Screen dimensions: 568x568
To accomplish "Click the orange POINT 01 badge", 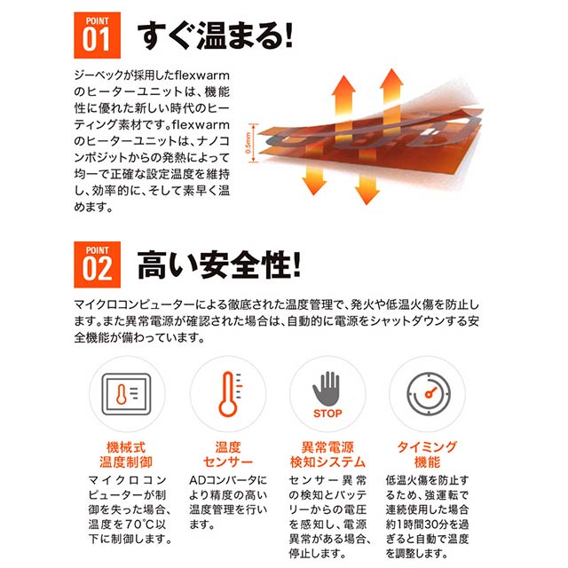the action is [x=97, y=35].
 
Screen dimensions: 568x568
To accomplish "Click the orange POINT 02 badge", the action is [x=97, y=264].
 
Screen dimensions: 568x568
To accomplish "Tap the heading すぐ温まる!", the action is [x=215, y=35].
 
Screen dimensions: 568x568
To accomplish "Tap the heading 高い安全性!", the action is [x=219, y=264].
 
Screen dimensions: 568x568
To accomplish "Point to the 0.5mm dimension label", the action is [x=248, y=143].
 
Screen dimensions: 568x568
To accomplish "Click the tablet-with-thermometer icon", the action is [x=126, y=394].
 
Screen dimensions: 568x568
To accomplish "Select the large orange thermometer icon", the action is [x=230, y=394].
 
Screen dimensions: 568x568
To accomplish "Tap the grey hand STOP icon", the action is [x=327, y=389].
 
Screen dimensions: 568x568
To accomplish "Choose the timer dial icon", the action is [x=429, y=394].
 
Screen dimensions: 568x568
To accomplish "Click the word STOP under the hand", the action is [x=327, y=414].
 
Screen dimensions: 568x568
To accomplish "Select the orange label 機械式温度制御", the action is [x=126, y=454].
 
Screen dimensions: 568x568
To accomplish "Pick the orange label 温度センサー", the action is [x=228, y=454].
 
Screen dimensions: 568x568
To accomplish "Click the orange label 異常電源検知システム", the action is [x=327, y=454].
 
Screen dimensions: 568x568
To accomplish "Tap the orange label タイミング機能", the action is [x=428, y=454].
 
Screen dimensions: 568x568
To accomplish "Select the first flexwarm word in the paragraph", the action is [x=202, y=75].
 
